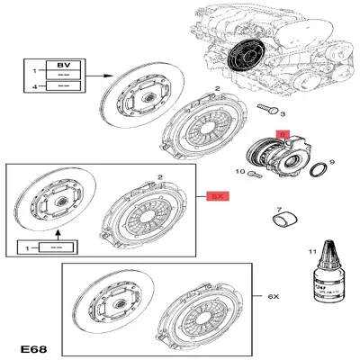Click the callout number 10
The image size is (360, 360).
(239, 171)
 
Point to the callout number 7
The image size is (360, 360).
(279, 208)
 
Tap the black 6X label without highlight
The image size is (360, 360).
(274, 296)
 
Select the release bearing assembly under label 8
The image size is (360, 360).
(282, 156)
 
